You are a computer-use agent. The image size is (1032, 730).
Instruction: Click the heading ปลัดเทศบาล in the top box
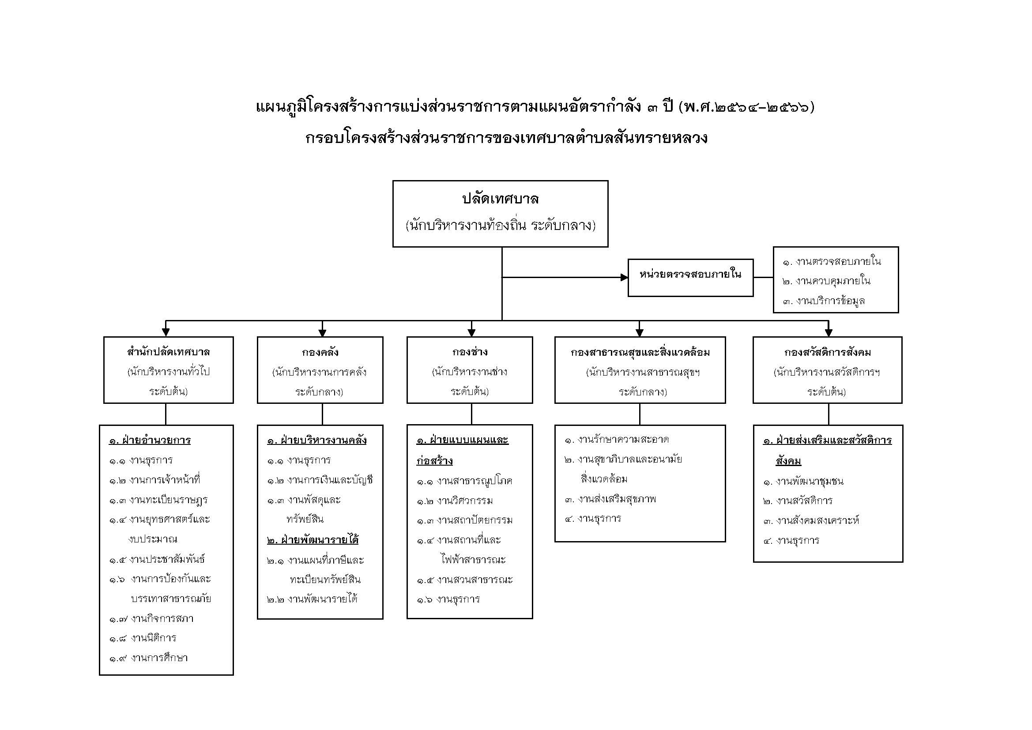coord(500,199)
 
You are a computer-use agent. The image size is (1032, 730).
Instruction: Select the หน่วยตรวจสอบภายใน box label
coord(690,274)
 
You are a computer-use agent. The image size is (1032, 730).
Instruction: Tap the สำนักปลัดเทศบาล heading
coord(169,351)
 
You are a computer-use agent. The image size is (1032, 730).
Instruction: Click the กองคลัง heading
coord(320,352)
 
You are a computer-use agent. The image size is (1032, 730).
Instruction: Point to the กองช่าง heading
coord(470,351)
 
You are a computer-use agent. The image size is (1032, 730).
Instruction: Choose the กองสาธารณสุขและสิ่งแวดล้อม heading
coord(640,352)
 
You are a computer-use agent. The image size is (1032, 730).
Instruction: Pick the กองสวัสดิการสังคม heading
coord(828,352)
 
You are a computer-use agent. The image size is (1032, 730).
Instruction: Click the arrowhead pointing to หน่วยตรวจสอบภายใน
coord(624,277)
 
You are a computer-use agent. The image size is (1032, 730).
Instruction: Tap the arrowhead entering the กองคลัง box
coord(322,333)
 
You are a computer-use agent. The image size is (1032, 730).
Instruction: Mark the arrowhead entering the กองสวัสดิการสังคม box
coord(829,333)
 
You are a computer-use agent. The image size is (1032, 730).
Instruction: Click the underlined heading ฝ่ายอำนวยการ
coord(150,440)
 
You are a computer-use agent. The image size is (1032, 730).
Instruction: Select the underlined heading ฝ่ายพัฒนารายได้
coord(313,539)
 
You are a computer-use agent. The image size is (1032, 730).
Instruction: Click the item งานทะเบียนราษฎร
coord(168,500)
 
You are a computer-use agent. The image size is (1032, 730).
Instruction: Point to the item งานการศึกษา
coord(159,658)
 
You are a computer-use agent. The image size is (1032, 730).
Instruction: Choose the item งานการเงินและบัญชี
coord(330,480)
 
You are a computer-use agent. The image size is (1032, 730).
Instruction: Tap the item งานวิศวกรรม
coord(465,500)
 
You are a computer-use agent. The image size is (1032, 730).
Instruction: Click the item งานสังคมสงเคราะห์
coord(817,520)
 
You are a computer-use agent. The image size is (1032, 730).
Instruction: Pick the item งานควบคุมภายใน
coord(833,281)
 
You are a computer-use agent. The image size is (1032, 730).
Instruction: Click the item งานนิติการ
coord(154,638)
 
